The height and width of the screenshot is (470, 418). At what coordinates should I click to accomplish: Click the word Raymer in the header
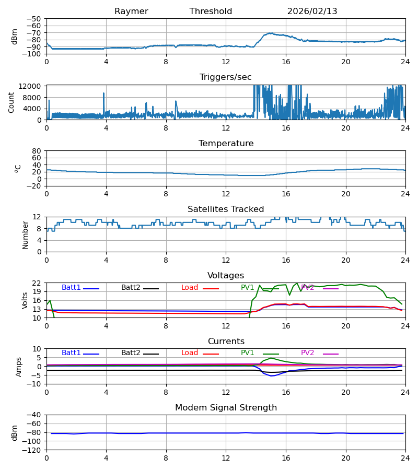[131, 11]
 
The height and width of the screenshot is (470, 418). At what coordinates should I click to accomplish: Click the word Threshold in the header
[211, 11]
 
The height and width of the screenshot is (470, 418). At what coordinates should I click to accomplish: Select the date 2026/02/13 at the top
[312, 11]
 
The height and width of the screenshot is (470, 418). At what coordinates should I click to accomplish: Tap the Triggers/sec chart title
[226, 77]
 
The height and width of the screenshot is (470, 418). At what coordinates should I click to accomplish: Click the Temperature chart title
[226, 144]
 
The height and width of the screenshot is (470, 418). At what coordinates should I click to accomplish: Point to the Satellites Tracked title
[226, 209]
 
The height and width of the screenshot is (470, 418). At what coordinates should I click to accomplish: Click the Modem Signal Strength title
[226, 408]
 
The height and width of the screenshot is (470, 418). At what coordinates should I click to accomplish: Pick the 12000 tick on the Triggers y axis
[32, 86]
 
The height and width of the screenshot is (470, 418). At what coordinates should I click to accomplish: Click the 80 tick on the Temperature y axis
[37, 151]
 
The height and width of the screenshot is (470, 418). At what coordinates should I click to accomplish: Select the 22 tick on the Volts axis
[37, 283]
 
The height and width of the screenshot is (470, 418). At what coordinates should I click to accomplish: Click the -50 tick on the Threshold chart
[34, 19]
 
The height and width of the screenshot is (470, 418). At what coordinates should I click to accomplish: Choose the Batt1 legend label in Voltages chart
[71, 288]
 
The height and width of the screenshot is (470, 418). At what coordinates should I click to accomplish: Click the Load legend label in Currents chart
[190, 353]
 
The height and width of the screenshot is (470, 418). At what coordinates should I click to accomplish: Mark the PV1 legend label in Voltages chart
[247, 288]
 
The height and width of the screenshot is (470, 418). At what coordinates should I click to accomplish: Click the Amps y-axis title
[19, 367]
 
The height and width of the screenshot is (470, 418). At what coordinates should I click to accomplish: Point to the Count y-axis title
[11, 102]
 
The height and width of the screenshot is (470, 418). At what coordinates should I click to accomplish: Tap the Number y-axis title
[25, 234]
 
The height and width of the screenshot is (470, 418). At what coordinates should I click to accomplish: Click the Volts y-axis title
[25, 300]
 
